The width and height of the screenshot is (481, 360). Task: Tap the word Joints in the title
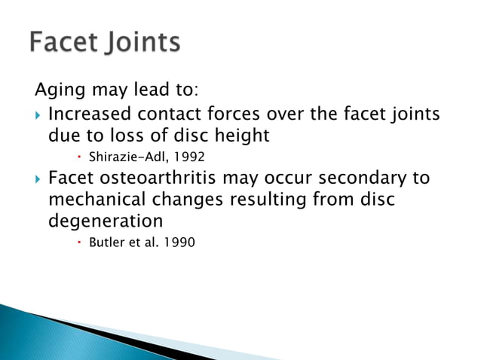(x=140, y=43)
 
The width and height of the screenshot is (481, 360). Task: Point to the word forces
(x=248, y=115)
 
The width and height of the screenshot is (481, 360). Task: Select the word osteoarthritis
(x=161, y=179)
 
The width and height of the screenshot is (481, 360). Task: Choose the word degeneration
(x=105, y=222)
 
